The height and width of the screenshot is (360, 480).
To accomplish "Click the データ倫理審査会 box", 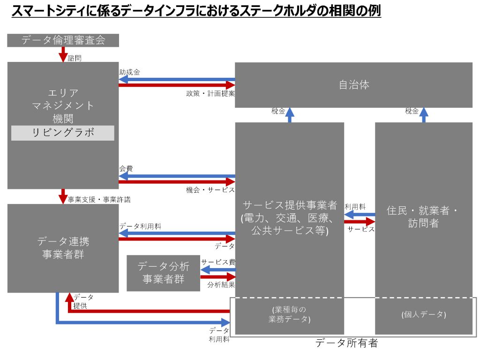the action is (x=63, y=40).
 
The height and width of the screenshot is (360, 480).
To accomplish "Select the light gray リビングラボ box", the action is (x=63, y=133).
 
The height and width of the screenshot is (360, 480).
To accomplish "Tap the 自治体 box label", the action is (x=354, y=85).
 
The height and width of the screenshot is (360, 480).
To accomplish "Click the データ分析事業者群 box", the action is (x=164, y=273).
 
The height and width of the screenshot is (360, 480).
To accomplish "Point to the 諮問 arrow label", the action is (x=75, y=58).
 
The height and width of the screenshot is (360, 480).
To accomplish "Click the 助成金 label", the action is (x=129, y=72).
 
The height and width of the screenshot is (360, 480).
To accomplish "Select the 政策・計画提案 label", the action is (x=210, y=93).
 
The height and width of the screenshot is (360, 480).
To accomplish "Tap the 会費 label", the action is (x=126, y=168).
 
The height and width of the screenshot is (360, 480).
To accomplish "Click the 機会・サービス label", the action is (x=210, y=190).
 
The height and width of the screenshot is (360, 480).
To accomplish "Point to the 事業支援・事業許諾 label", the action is (x=99, y=200).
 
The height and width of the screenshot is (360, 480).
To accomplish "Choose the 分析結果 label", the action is (x=221, y=285).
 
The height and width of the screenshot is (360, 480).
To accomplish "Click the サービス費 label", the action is (x=218, y=262).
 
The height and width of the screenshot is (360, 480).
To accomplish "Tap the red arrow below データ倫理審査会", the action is (x=63, y=54).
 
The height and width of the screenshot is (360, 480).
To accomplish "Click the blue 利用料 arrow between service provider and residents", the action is (x=360, y=215).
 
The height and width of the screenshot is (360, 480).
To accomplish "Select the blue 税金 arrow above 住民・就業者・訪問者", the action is (x=424, y=115).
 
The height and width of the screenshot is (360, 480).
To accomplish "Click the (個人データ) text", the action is (x=424, y=315).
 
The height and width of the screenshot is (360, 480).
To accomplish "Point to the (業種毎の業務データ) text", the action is (x=289, y=315).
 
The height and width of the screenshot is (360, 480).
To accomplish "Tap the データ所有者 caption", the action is (x=346, y=343).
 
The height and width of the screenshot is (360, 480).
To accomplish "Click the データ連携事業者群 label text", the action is (x=63, y=248).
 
